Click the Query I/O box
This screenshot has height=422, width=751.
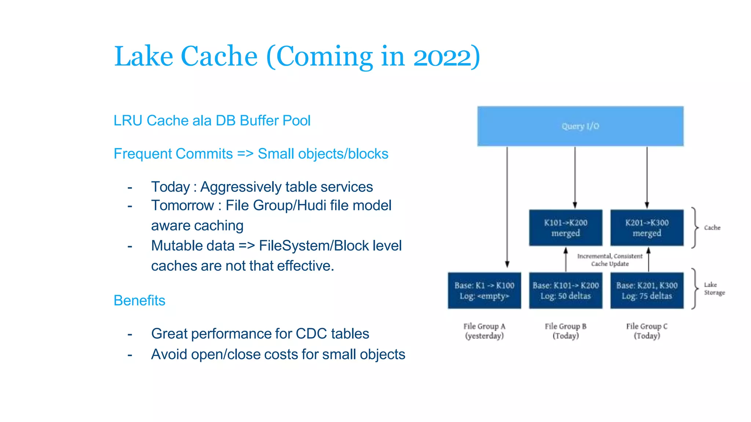click(580, 126)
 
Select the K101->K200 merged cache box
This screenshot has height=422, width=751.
click(565, 228)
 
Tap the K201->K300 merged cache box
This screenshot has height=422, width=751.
click(647, 228)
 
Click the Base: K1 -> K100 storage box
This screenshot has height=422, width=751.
click(484, 290)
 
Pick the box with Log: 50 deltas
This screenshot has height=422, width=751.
click(565, 290)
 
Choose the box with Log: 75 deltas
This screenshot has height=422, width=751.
click(647, 290)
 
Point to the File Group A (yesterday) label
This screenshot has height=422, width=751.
click(484, 331)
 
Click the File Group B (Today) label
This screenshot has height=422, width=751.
click(565, 331)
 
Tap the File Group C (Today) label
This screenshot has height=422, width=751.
click(647, 331)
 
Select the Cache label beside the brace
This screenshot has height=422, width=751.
click(712, 228)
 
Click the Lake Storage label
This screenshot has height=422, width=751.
click(714, 289)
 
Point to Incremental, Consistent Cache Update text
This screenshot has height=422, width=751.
click(610, 260)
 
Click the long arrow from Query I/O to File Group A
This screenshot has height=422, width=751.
click(507, 205)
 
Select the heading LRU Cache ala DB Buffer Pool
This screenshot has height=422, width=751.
click(212, 121)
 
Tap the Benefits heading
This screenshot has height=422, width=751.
click(139, 300)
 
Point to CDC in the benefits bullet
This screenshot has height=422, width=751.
click(311, 334)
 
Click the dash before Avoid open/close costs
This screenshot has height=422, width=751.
click(130, 355)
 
